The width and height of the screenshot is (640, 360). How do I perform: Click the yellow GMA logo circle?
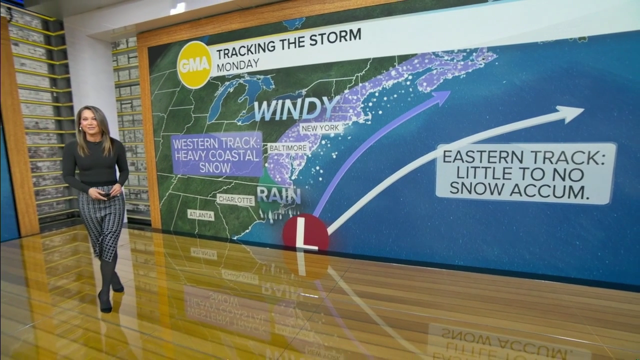(x=194, y=64)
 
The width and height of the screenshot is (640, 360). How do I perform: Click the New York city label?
(x=321, y=128)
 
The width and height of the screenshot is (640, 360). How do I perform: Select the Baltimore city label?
(x=287, y=148)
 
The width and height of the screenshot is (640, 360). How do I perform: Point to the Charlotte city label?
(x=235, y=200)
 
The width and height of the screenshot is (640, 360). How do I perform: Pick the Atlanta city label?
(x=201, y=215)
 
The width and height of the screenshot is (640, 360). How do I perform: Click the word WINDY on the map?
(x=296, y=108)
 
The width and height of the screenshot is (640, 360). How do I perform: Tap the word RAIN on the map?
(x=278, y=195)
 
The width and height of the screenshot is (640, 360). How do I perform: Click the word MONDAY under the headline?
(x=238, y=64)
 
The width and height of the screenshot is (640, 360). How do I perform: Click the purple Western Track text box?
(x=216, y=154)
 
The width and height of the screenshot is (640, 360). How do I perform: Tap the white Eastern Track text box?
(x=525, y=173)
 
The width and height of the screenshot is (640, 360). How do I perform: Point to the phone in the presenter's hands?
(x=106, y=193)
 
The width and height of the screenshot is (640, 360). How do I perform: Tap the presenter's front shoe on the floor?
(x=105, y=303)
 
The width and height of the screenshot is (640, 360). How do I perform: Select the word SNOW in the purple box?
(x=215, y=167)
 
